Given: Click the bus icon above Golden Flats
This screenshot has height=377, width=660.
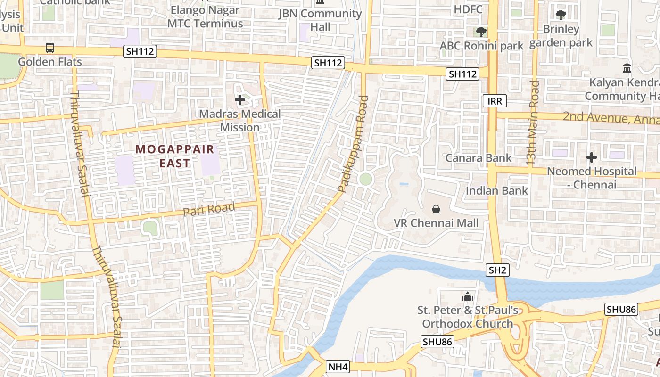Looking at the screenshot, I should pyautogui.click(x=50, y=48).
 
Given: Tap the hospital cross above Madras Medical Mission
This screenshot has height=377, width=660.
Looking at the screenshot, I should pyautogui.click(x=240, y=100).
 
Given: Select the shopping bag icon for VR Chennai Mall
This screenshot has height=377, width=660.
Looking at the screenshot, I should pyautogui.click(x=436, y=209).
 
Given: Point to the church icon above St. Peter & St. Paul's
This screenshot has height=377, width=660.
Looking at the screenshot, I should pyautogui.click(x=468, y=296).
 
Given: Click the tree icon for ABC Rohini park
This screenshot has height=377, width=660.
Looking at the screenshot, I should pyautogui.click(x=481, y=32).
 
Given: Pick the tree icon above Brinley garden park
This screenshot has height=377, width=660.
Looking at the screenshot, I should pyautogui.click(x=561, y=15).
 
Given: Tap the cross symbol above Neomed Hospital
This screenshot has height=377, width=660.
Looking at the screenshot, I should pyautogui.click(x=592, y=157).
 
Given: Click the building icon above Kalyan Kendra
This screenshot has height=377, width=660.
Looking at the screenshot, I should pyautogui.click(x=627, y=68).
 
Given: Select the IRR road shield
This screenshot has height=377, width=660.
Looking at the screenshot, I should pyautogui.click(x=495, y=101).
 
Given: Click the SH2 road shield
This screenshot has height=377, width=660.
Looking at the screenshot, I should pyautogui.click(x=497, y=270).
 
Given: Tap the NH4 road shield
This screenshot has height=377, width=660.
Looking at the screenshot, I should pyautogui.click(x=338, y=367).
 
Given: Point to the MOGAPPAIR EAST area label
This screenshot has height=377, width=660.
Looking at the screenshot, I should pyautogui.click(x=175, y=156).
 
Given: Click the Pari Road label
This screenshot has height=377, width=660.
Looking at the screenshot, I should pyautogui.click(x=209, y=209).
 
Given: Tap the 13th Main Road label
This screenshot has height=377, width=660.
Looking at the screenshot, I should pyautogui.click(x=533, y=123).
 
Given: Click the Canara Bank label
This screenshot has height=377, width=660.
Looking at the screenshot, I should pyautogui.click(x=478, y=158).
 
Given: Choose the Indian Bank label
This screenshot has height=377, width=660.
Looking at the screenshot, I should pyautogui.click(x=497, y=191).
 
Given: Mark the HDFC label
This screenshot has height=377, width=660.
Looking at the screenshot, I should pyautogui.click(x=468, y=9).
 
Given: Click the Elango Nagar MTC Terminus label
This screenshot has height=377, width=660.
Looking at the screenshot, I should pyautogui.click(x=205, y=17).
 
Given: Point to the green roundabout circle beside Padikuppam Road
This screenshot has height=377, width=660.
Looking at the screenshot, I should pyautogui.click(x=365, y=179).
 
